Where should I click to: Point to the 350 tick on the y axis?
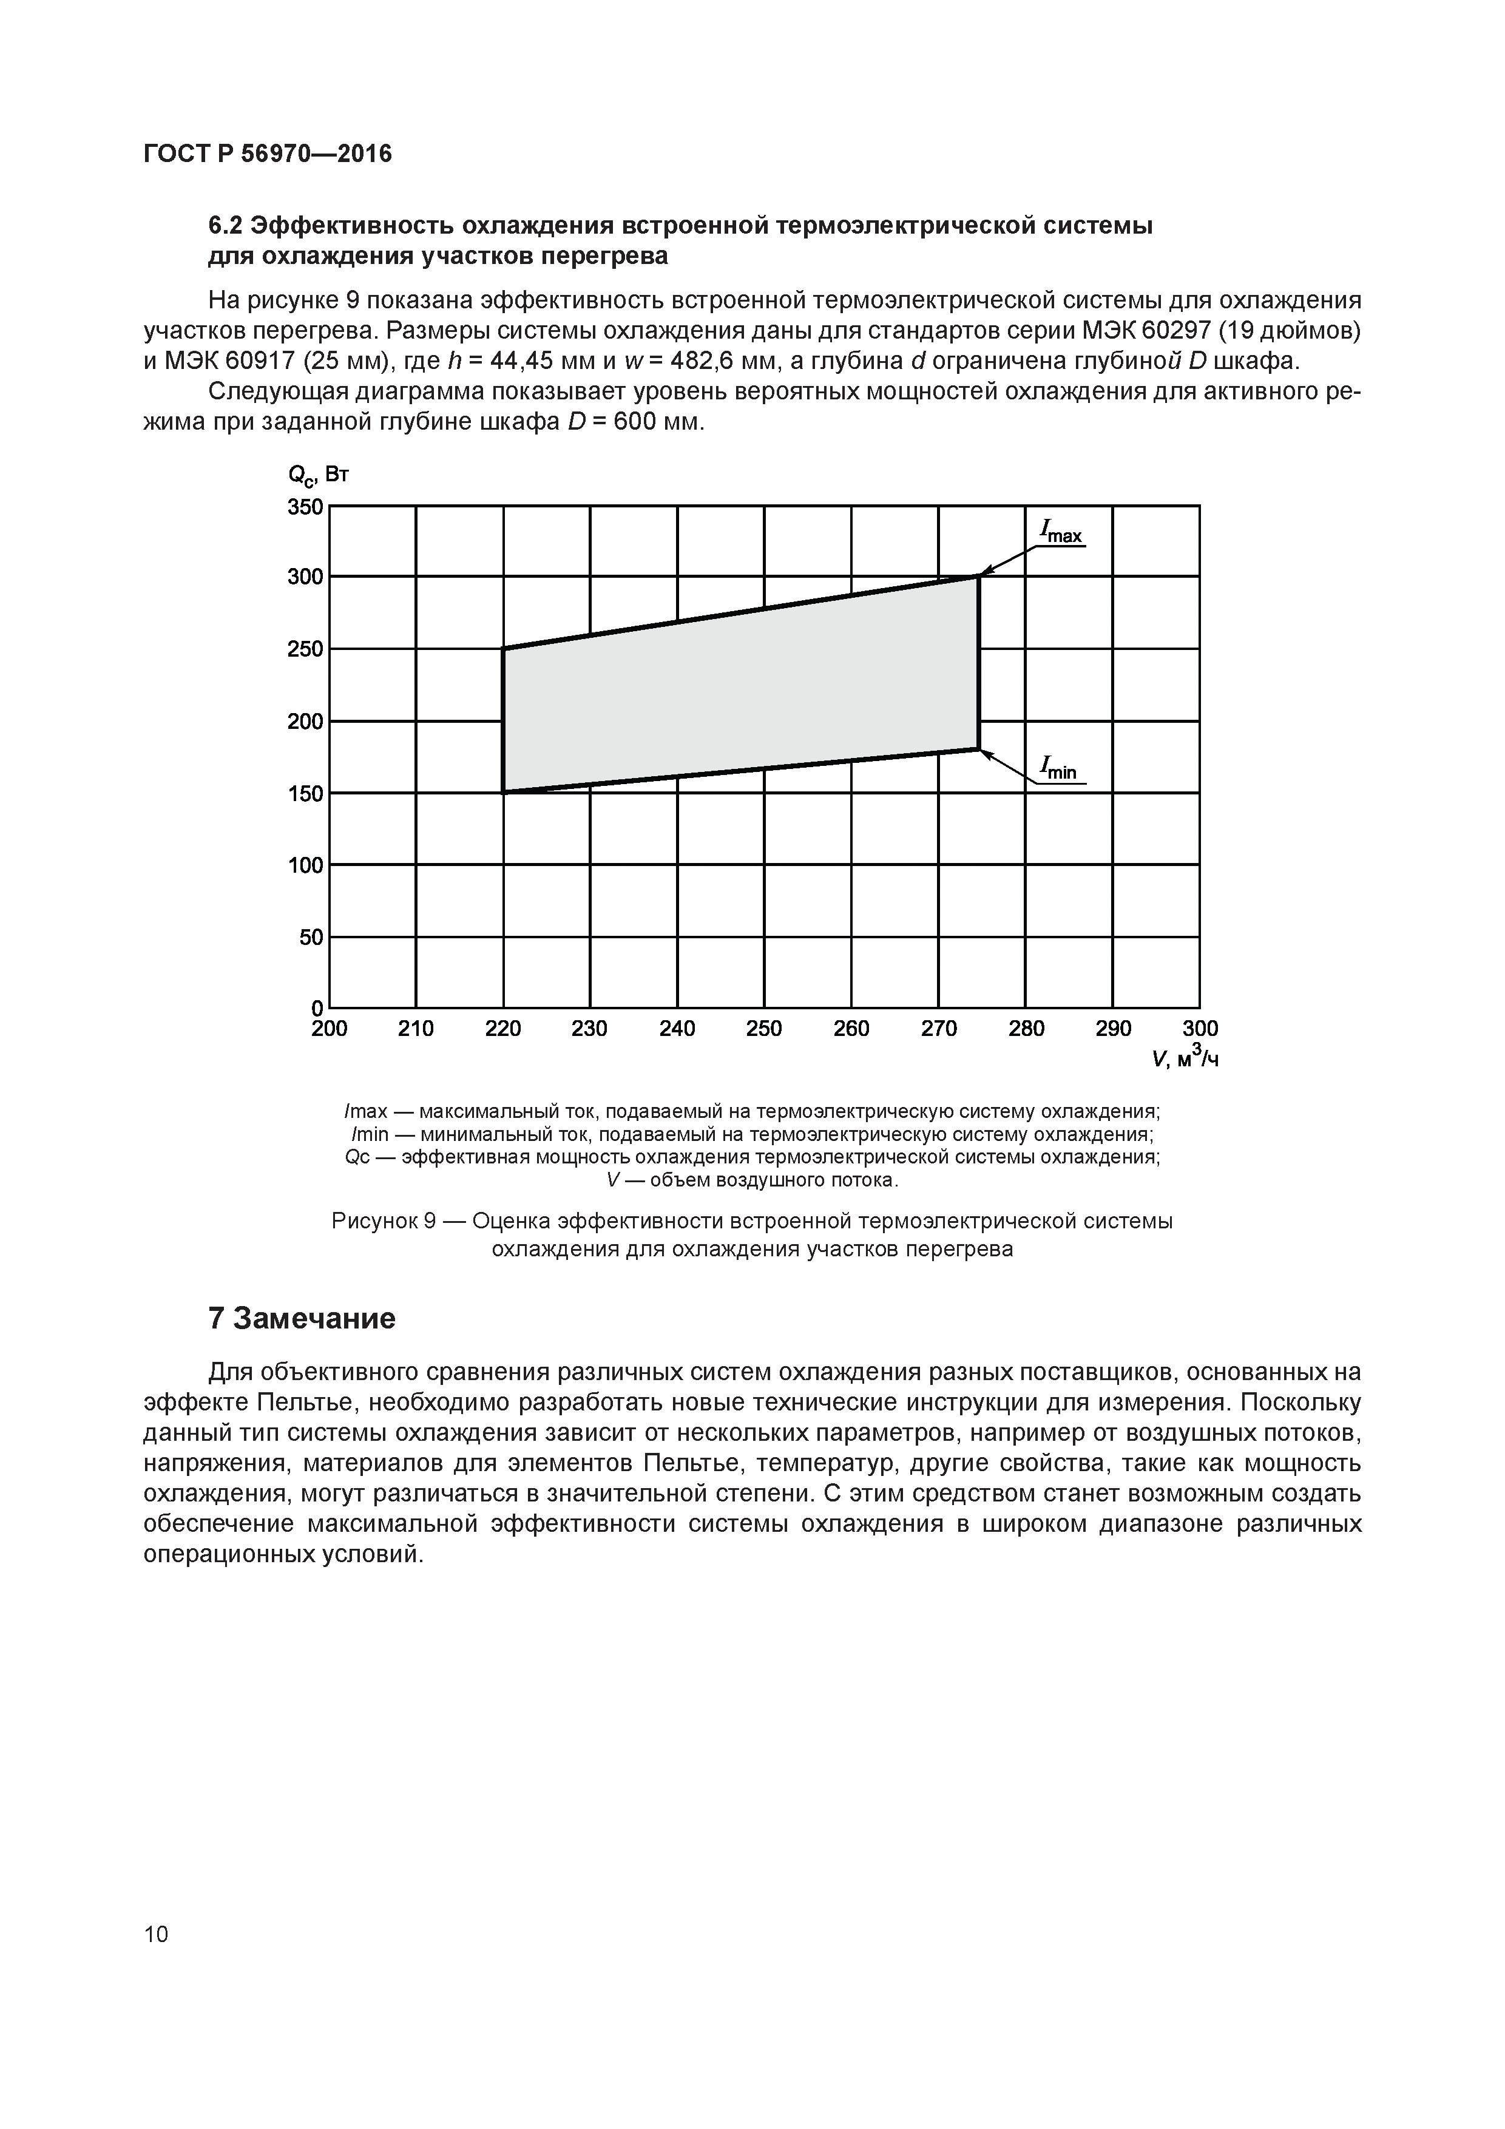tap(305, 507)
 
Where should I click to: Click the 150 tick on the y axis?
tap(305, 794)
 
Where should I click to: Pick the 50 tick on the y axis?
tap(311, 938)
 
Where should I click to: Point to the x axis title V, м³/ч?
tap(1185, 1056)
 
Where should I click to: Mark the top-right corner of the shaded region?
tap(978, 577)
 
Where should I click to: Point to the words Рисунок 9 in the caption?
tap(383, 1221)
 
